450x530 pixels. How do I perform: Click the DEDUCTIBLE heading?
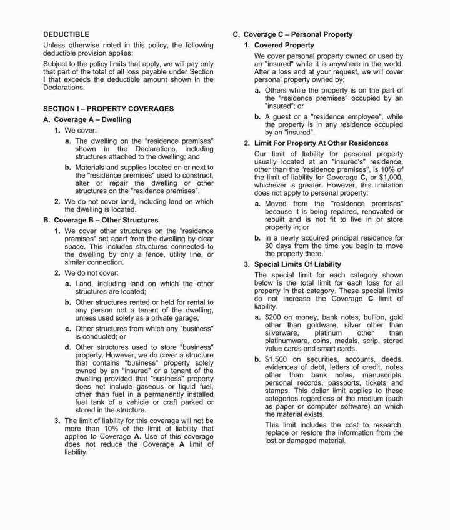coord(66,35)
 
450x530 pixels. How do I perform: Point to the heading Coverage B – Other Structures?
coord(101,220)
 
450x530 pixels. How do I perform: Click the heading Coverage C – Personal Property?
coord(292,35)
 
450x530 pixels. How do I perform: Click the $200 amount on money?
coord(273,317)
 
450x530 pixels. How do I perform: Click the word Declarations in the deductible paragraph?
coord(64,87)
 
